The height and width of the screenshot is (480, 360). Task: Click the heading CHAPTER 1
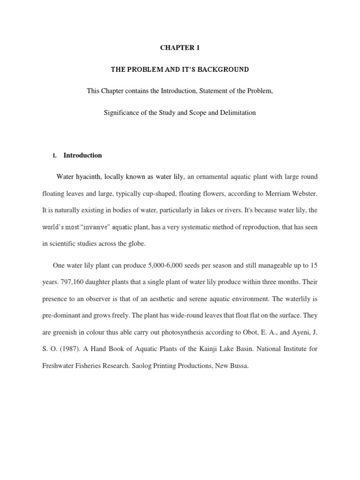(x=180, y=47)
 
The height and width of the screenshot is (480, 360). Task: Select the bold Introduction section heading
(x=82, y=155)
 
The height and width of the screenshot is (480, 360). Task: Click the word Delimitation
(x=237, y=113)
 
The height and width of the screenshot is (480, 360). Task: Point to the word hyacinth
(x=88, y=177)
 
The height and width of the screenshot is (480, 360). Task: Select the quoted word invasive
(x=96, y=227)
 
